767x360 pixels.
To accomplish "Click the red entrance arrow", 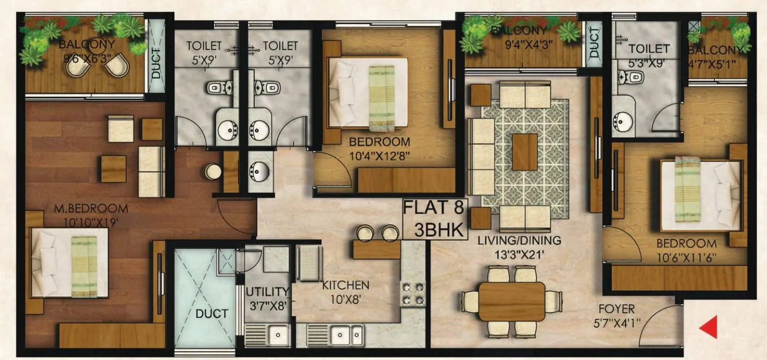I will (708, 327).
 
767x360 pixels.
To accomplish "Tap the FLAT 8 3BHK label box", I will (434, 219).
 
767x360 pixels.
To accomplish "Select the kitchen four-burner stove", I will (413, 293).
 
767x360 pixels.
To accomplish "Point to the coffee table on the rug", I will (525, 152).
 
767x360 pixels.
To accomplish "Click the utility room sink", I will (267, 335).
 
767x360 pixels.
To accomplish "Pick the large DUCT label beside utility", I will (212, 313).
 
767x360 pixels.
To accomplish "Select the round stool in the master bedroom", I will (211, 171).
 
